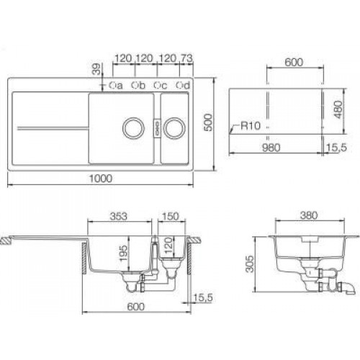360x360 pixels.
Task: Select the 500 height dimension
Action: click(209, 122)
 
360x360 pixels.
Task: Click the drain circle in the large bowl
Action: click(132, 128)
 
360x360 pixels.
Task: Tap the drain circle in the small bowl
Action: click(174, 128)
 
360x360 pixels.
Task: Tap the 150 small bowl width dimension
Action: click(171, 214)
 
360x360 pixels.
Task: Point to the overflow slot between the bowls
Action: click(153, 128)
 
